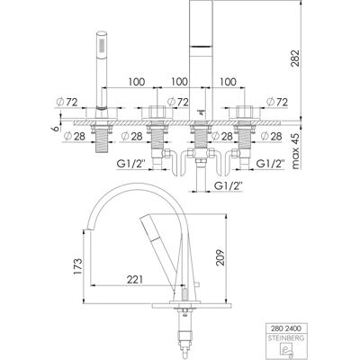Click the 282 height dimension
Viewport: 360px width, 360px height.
[x=295, y=60]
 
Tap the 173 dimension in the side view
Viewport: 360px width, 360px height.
[x=77, y=265]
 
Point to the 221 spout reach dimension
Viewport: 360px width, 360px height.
[x=134, y=280]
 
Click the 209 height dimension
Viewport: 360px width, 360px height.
[x=220, y=257]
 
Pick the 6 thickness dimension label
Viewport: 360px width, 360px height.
[x=55, y=129]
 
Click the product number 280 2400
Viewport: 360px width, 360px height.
[x=284, y=328]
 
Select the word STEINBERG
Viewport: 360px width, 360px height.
[x=284, y=338]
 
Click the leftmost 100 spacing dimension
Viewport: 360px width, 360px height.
[x=137, y=82]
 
